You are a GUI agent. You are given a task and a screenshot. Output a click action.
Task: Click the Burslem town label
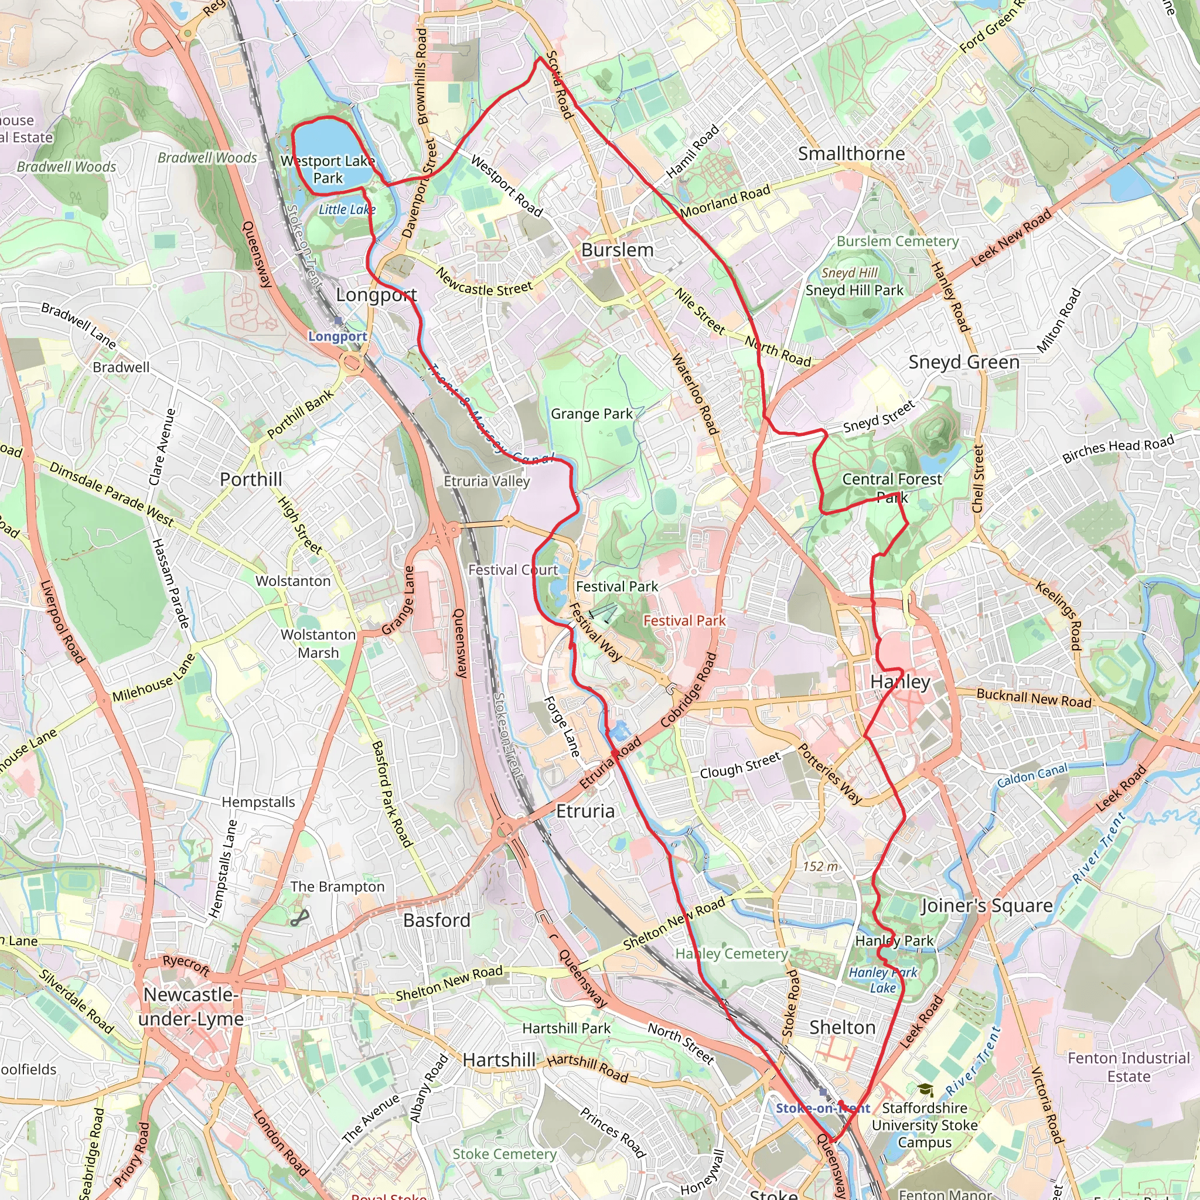pyautogui.click(x=617, y=250)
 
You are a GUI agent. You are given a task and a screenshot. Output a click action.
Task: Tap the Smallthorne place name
pyautogui.click(x=851, y=154)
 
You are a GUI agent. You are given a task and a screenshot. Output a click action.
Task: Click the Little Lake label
pyautogui.click(x=347, y=209)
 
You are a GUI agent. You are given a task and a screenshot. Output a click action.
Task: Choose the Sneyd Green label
pyautogui.click(x=963, y=362)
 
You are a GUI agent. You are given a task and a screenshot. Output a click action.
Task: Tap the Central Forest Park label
pyautogui.click(x=892, y=487)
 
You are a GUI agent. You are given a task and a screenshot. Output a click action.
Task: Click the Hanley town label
pyautogui.click(x=900, y=681)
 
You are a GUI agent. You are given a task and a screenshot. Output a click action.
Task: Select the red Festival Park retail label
pyautogui.click(x=684, y=621)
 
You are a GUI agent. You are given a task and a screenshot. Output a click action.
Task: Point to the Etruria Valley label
pyautogui.click(x=486, y=480)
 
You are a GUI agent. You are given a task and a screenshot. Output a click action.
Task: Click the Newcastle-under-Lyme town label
pyautogui.click(x=190, y=1006)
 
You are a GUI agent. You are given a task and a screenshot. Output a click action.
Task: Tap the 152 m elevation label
pyautogui.click(x=820, y=866)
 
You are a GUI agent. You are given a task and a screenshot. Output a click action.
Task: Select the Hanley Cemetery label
pyautogui.click(x=731, y=953)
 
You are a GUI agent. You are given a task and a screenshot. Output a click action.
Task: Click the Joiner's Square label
pyautogui.click(x=986, y=906)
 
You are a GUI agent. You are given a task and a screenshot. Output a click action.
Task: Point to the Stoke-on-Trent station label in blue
pyautogui.click(x=822, y=1108)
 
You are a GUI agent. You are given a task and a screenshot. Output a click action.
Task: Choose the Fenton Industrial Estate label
pyautogui.click(x=1128, y=1066)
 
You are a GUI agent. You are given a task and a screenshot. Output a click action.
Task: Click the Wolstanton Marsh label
pyautogui.click(x=318, y=643)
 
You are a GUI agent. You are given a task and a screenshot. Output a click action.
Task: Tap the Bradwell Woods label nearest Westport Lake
pyautogui.click(x=207, y=158)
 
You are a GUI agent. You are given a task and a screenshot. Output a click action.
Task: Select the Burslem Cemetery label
pyautogui.click(x=898, y=241)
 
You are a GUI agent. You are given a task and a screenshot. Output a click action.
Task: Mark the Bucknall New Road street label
pyautogui.click(x=1034, y=698)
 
